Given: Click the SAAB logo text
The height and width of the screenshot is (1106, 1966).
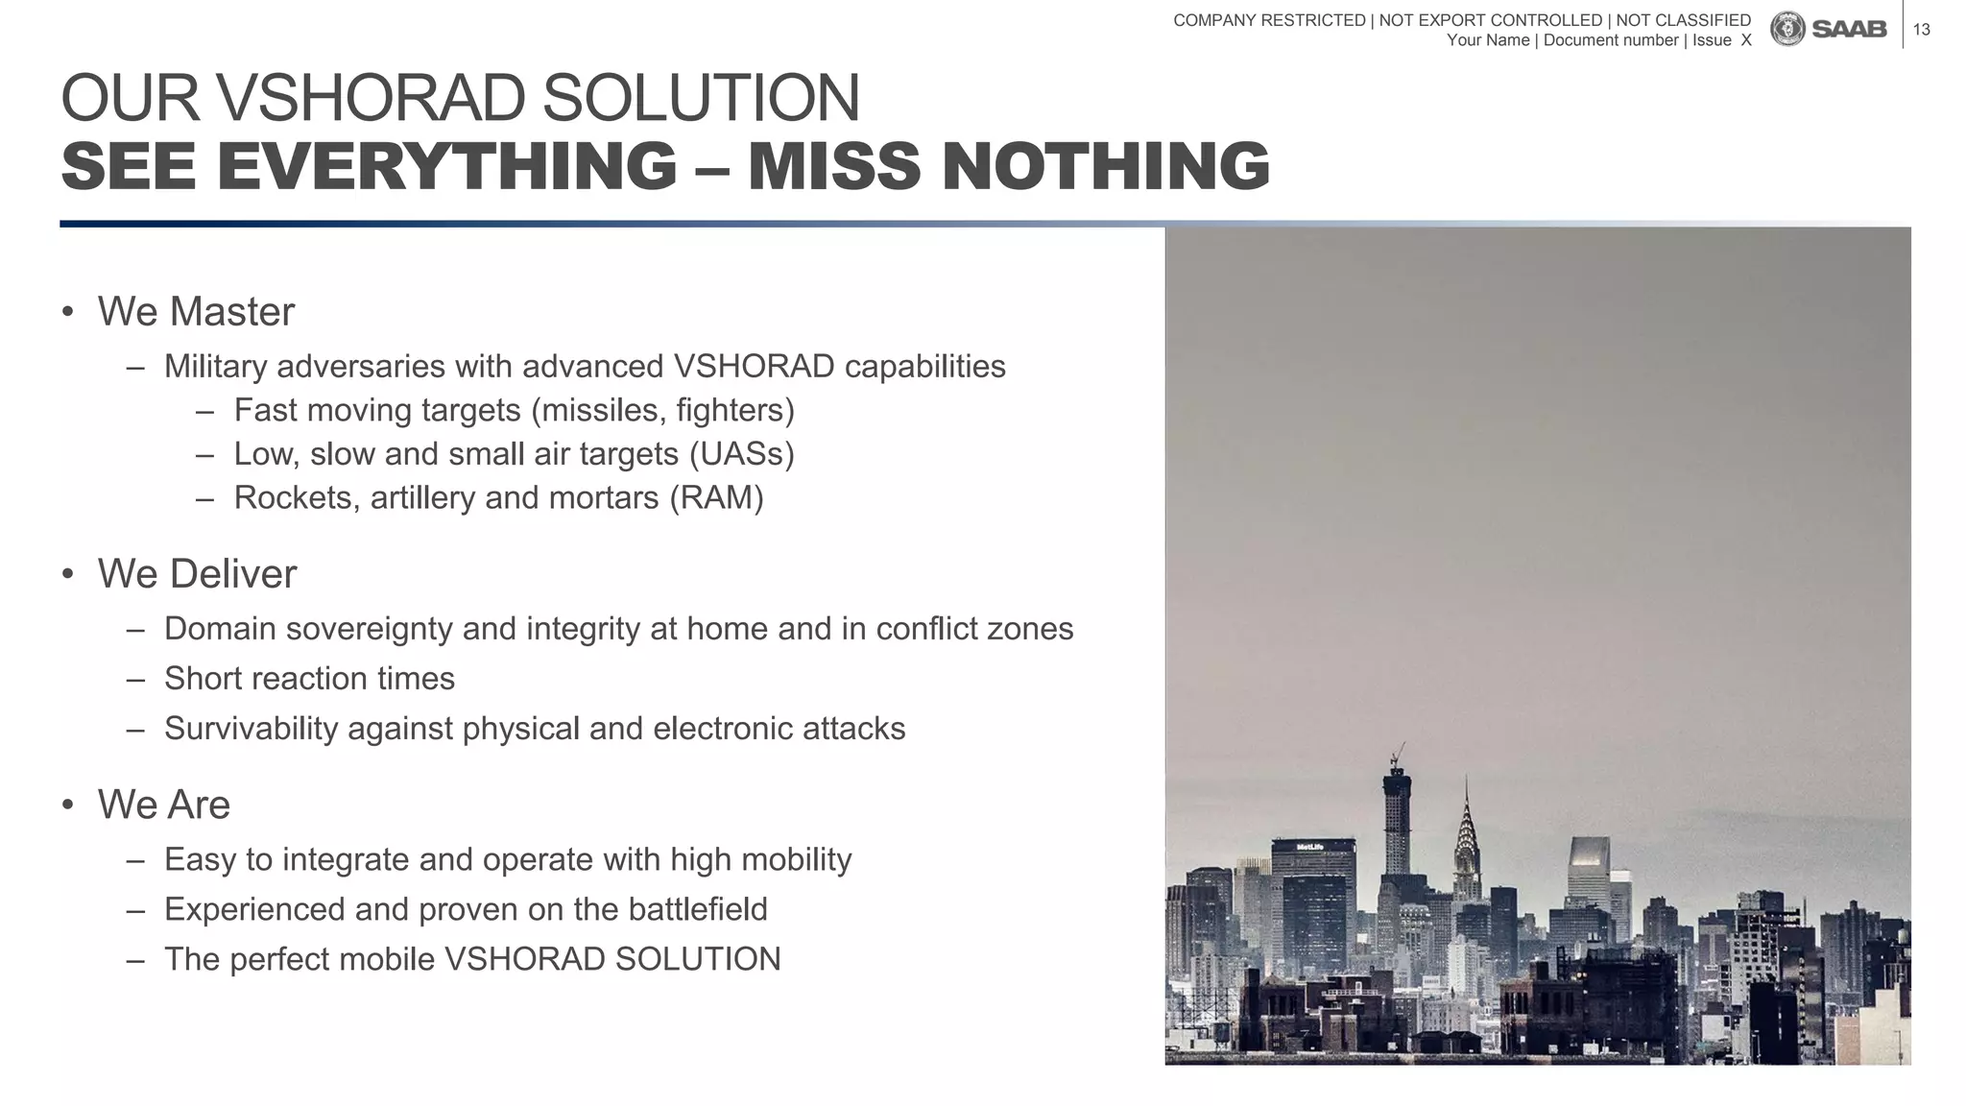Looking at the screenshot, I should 1849,30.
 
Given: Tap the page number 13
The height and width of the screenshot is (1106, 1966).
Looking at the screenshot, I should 1921,30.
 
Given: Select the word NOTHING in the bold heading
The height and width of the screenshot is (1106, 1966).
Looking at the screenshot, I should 1106,166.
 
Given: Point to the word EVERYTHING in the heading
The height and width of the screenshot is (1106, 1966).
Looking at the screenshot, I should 446,166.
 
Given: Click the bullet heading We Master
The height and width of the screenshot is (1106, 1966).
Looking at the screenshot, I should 196,312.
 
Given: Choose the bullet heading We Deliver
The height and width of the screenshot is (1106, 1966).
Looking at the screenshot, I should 197,574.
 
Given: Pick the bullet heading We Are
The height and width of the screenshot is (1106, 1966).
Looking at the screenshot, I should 164,805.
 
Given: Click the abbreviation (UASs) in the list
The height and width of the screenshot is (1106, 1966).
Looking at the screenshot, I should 742,454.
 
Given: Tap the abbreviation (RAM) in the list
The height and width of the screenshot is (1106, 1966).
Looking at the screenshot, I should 716,498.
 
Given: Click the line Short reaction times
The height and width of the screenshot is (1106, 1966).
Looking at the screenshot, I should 309,679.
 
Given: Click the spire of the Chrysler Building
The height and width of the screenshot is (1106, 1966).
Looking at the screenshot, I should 1466,802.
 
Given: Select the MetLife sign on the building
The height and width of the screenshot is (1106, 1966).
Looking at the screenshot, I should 1310,847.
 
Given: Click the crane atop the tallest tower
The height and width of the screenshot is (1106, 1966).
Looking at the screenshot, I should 1399,754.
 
